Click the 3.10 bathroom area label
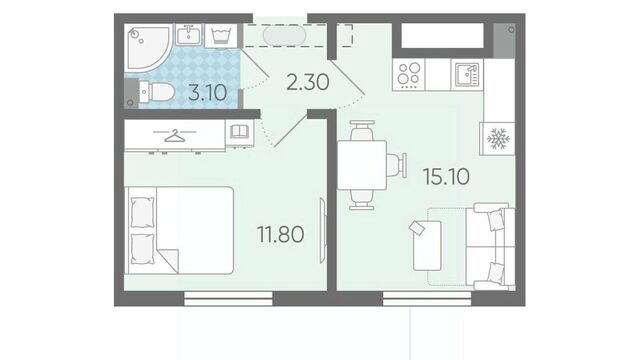tap(207, 93)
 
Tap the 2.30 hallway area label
tap(307, 83)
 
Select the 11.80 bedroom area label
tap(280, 235)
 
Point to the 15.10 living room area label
tap(446, 177)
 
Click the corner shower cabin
tap(147, 47)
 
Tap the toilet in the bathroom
tap(156, 92)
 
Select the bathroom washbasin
tap(189, 35)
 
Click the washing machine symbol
tap(221, 36)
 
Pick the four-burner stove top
tap(409, 74)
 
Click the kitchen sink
tap(467, 75)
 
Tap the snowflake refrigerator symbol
tap(498, 139)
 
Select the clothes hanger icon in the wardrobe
tap(174, 135)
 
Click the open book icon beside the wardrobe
tap(239, 132)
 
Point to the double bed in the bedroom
tap(179, 230)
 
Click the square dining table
tap(362, 165)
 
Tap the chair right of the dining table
tap(396, 165)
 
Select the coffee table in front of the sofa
tap(427, 245)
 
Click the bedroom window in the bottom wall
tap(228, 299)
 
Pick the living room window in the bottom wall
tap(427, 299)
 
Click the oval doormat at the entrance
tap(284, 36)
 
